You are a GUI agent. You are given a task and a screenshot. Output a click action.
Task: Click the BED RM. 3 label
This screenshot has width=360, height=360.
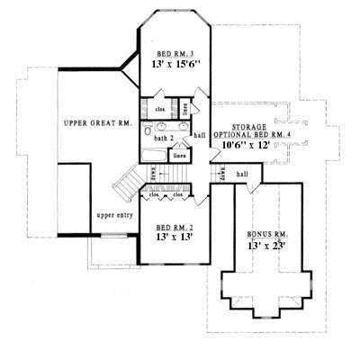click(x=175, y=54)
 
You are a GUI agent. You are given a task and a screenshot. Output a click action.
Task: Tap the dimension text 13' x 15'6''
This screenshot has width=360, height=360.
click(x=175, y=66)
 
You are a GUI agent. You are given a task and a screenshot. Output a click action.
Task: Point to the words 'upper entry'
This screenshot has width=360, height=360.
click(x=113, y=217)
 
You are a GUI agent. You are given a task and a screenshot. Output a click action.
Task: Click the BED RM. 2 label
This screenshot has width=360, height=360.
click(x=175, y=229)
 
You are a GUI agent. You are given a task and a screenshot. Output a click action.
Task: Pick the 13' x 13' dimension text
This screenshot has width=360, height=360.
click(x=175, y=240)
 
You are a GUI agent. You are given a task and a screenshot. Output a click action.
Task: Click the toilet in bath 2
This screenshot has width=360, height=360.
click(x=148, y=130)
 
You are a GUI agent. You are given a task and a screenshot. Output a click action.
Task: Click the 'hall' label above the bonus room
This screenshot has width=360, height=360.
click(x=241, y=174)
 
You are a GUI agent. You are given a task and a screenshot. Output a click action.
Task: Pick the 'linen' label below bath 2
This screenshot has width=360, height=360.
click(x=179, y=156)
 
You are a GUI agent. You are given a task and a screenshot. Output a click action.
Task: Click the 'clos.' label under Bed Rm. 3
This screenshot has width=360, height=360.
click(x=160, y=109)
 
